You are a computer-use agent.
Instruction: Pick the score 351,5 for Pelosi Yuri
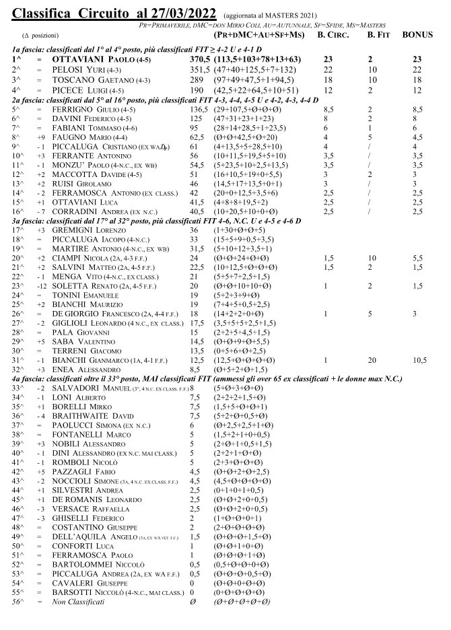tap(200, 70)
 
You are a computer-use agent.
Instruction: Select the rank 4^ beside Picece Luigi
tap(18, 90)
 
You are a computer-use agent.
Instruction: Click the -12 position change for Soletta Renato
tap(41, 285)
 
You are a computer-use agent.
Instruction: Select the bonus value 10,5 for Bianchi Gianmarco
tap(419, 360)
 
